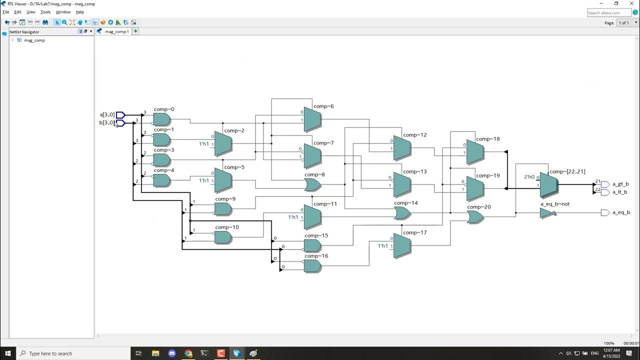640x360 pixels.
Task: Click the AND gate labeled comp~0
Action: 161,119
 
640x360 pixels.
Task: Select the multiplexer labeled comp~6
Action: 312,120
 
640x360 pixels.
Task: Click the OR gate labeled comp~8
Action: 312,185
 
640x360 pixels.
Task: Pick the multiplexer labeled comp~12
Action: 402,148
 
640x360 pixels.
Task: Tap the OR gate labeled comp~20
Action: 475,217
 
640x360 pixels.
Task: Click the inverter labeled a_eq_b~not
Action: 547,213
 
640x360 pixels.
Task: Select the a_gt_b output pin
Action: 605,184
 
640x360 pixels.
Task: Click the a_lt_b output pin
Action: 605,192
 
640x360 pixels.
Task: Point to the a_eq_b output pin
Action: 605,213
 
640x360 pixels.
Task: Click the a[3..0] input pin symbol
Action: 120,115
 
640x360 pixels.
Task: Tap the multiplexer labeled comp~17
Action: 402,246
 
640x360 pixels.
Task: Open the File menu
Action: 6,12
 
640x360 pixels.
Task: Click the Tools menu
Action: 45,12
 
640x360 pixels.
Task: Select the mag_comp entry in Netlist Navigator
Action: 34,40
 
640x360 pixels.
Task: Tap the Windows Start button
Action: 8,353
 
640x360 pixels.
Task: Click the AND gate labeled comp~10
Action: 223,237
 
